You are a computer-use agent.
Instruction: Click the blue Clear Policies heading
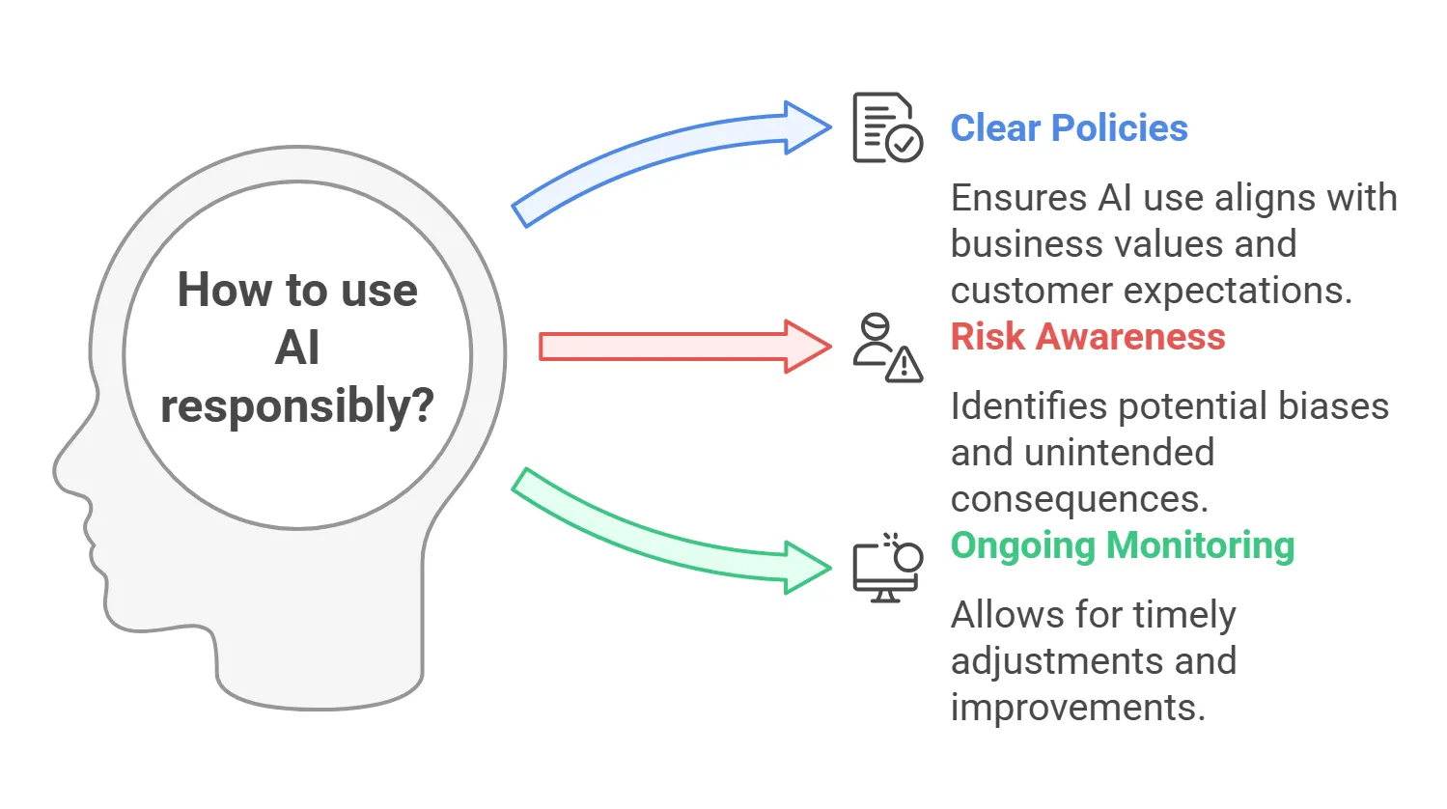point(1070,127)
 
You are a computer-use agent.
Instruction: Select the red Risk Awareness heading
point(1088,336)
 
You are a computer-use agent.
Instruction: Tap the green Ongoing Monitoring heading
point(1123,546)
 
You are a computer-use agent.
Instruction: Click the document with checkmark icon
point(887,127)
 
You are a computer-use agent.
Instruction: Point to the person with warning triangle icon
point(887,348)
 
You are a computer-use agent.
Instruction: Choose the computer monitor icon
point(887,568)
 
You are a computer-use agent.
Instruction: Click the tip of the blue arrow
point(831,127)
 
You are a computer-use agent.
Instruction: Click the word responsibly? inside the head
point(297,405)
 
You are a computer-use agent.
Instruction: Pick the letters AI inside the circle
point(297,348)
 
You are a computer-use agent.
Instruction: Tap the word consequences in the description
point(1079,499)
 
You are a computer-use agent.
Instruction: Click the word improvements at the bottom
point(1078,708)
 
